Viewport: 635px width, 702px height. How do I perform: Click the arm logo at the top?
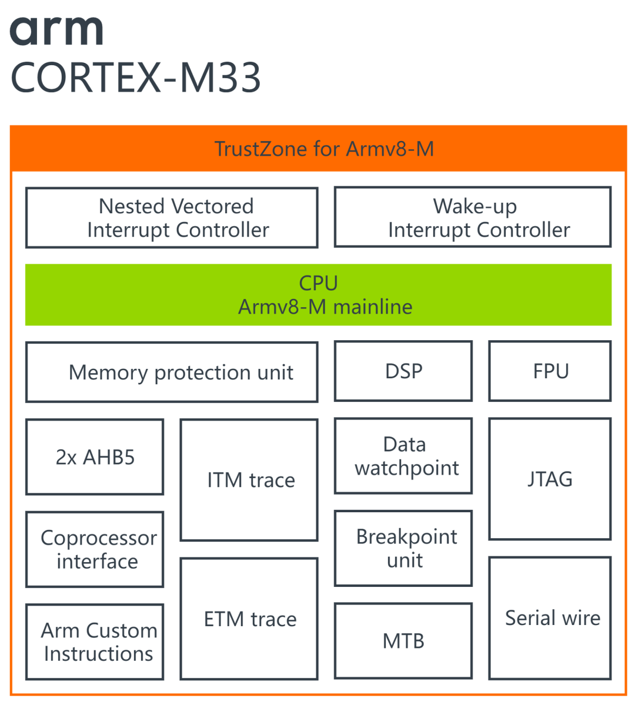(56, 31)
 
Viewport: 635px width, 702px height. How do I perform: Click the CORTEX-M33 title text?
(136, 78)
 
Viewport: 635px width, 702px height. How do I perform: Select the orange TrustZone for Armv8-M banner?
(318, 149)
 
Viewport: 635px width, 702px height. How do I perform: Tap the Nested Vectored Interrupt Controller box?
(172, 218)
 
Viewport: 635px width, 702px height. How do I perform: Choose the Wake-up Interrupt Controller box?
(473, 218)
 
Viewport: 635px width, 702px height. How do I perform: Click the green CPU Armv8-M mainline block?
(318, 295)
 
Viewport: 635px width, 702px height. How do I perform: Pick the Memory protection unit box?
(172, 372)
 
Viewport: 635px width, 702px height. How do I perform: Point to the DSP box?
(403, 371)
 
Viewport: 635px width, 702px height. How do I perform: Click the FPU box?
(550, 371)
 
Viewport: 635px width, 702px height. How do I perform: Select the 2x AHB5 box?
(95, 457)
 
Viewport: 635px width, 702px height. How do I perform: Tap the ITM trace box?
(249, 480)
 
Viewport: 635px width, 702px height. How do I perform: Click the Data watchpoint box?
(403, 456)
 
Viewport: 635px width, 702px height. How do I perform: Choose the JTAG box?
(550, 479)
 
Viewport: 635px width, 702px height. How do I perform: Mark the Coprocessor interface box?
(95, 549)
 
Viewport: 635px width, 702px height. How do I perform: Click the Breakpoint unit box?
(403, 548)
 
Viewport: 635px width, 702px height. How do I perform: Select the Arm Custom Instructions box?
(95, 641)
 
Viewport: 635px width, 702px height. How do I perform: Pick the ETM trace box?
(249, 619)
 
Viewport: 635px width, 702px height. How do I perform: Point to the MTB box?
(403, 640)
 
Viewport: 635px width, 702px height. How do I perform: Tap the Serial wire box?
(550, 618)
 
